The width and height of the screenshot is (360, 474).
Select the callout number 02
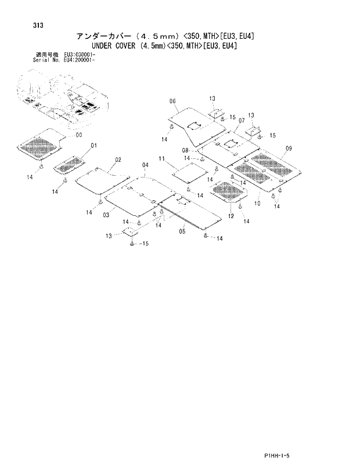point(118,160)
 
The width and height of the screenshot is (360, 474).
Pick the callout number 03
point(106,215)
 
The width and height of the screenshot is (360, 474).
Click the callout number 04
point(145,165)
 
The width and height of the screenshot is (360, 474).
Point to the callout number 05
point(182,231)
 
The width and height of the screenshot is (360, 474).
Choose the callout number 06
point(172,101)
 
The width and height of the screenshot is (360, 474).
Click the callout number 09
point(288,148)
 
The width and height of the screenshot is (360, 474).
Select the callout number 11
point(162,158)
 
